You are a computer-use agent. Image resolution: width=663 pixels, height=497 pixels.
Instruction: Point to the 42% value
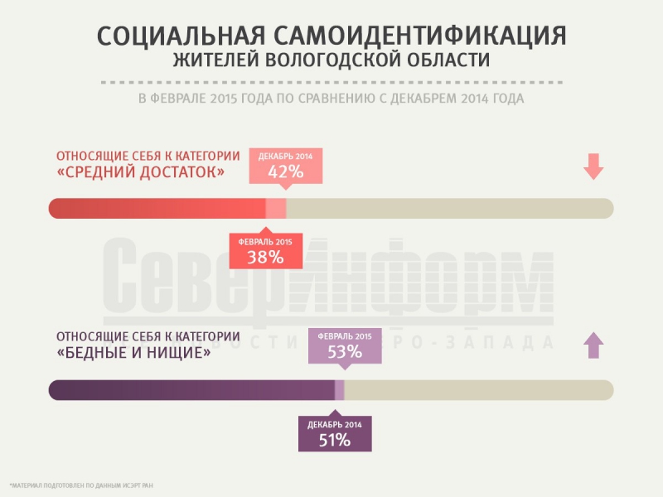[286, 172]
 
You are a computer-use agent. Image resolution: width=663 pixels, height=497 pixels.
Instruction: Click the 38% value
[265, 257]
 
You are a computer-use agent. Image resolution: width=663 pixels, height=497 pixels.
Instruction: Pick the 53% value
[345, 351]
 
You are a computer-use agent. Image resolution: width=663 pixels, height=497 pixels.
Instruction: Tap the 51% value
[335, 440]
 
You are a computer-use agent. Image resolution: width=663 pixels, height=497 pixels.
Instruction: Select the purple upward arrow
[592, 345]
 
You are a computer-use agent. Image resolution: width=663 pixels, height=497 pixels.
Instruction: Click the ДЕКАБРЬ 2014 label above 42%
[286, 157]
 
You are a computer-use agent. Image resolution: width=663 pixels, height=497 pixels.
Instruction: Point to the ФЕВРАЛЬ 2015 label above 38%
[266, 241]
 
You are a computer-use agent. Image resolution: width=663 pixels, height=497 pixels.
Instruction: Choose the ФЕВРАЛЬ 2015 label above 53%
[345, 335]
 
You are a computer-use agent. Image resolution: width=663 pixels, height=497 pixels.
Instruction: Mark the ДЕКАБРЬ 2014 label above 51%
[335, 424]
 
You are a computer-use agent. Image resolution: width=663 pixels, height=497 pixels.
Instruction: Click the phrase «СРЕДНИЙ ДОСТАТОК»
[140, 172]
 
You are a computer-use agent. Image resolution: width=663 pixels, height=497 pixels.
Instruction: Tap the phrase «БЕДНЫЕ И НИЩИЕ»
[133, 352]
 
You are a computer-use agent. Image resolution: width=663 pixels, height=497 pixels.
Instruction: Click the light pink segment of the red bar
[276, 209]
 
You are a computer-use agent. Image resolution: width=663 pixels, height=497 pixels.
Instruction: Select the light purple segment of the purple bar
[340, 389]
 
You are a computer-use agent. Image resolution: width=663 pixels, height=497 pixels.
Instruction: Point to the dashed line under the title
[331, 83]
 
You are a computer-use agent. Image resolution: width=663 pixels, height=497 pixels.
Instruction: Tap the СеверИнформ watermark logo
[329, 282]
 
